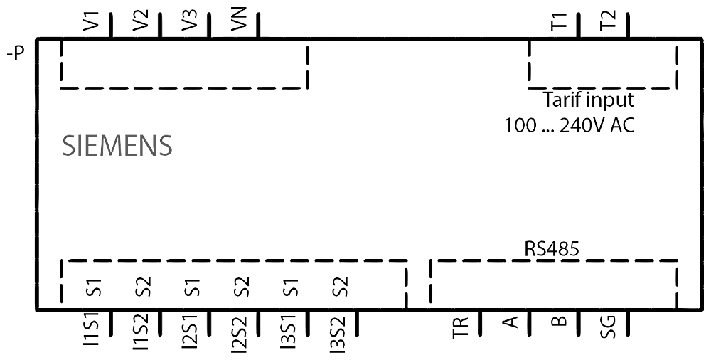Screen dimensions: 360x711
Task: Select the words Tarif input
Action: click(x=588, y=100)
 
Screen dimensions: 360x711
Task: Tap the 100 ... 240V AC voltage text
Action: click(x=570, y=126)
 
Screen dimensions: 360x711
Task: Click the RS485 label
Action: click(x=552, y=249)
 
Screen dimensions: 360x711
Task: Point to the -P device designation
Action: click(x=14, y=54)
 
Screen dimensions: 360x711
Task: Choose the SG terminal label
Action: click(x=609, y=327)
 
